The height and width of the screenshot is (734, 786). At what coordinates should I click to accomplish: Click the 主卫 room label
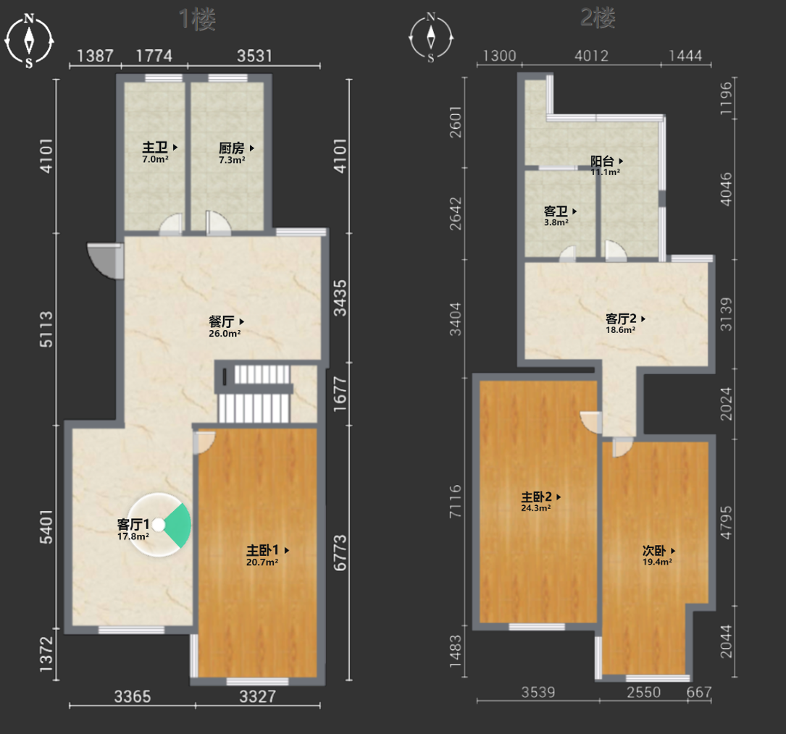tap(155, 147)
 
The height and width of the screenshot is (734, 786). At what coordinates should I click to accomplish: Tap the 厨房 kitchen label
tap(232, 148)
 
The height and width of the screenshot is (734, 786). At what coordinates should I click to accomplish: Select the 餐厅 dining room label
tap(222, 321)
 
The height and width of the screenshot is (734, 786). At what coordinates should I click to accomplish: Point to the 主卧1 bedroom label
tap(262, 550)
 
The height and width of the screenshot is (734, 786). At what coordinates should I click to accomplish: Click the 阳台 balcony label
tap(602, 161)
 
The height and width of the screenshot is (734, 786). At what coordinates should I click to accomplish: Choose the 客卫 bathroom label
tap(556, 211)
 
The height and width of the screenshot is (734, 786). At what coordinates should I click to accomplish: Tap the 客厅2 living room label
tap(621, 319)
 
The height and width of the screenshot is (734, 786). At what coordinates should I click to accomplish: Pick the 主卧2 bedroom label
tap(536, 497)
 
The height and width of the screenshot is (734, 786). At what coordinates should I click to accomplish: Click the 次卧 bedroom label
tap(655, 551)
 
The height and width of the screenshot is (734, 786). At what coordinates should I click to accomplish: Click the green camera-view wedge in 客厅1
tap(180, 526)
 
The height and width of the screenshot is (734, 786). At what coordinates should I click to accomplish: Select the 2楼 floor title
tap(598, 19)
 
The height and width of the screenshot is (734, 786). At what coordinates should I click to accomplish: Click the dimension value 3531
tap(255, 56)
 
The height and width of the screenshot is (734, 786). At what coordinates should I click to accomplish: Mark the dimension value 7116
tap(455, 501)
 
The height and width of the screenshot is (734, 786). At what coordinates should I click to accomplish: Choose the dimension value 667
tap(699, 692)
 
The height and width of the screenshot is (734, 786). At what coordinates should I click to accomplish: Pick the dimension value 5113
tap(46, 329)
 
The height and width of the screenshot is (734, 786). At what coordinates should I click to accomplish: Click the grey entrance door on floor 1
tap(105, 261)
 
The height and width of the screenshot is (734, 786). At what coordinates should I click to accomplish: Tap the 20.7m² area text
tap(262, 562)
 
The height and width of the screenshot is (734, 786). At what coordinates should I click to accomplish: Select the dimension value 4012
tap(592, 56)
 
